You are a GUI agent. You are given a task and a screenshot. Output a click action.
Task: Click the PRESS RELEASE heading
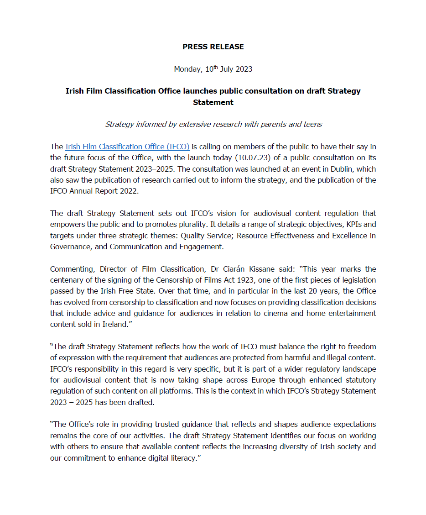pos(213,47)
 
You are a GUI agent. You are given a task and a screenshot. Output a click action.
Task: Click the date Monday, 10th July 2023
pos(213,69)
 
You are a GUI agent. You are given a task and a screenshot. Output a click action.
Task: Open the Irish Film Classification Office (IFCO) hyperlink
pos(127,147)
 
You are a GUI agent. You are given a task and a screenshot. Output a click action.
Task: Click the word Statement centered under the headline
pos(213,102)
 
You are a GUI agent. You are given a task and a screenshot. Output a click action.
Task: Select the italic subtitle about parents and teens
pos(213,124)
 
